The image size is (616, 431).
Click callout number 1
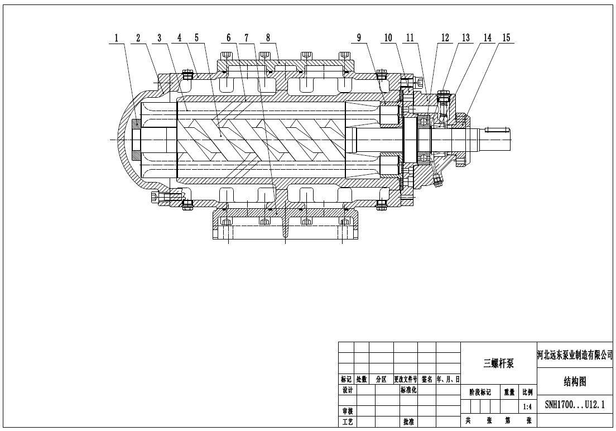[x=117, y=38]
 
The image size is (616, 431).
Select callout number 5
[x=196, y=38]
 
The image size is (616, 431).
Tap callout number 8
[x=268, y=38]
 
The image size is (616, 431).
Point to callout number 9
[x=359, y=38]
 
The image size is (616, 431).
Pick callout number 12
[x=445, y=38]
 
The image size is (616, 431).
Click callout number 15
[x=506, y=38]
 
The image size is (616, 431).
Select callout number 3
[x=160, y=38]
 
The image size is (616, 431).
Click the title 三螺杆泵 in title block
[x=498, y=363]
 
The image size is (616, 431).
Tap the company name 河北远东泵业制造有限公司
[x=574, y=355]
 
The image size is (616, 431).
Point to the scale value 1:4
[x=527, y=407]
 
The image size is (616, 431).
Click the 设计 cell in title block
[x=347, y=390]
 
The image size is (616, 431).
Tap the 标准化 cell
[x=408, y=390]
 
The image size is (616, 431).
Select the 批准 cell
[x=408, y=422]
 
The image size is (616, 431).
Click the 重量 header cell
[x=509, y=392]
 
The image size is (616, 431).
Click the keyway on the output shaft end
[x=498, y=130]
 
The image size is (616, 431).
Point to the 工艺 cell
[x=347, y=422]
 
